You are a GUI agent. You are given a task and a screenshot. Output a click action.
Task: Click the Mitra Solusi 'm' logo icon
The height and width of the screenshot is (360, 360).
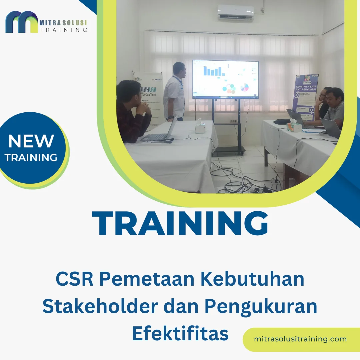click(22, 22)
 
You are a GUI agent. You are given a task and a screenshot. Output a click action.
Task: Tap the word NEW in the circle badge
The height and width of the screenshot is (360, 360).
click(31, 141)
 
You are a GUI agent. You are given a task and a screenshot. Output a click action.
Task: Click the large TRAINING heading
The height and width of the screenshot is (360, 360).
click(180, 224)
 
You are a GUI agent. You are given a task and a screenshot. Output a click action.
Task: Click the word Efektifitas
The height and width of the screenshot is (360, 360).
click(180, 333)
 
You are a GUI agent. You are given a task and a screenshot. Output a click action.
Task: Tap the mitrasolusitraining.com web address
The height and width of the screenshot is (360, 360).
click(300, 339)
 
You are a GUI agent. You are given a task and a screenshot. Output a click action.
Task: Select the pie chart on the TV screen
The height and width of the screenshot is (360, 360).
click(244, 87)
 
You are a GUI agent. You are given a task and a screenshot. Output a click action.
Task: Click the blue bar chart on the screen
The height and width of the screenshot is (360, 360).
click(213, 71)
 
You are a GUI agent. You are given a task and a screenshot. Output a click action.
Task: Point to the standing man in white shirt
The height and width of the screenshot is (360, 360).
click(174, 91)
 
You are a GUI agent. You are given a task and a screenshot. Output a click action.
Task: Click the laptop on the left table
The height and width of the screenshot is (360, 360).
click(158, 133)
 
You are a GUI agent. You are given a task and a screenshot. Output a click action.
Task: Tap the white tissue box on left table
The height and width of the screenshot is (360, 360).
click(200, 127)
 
